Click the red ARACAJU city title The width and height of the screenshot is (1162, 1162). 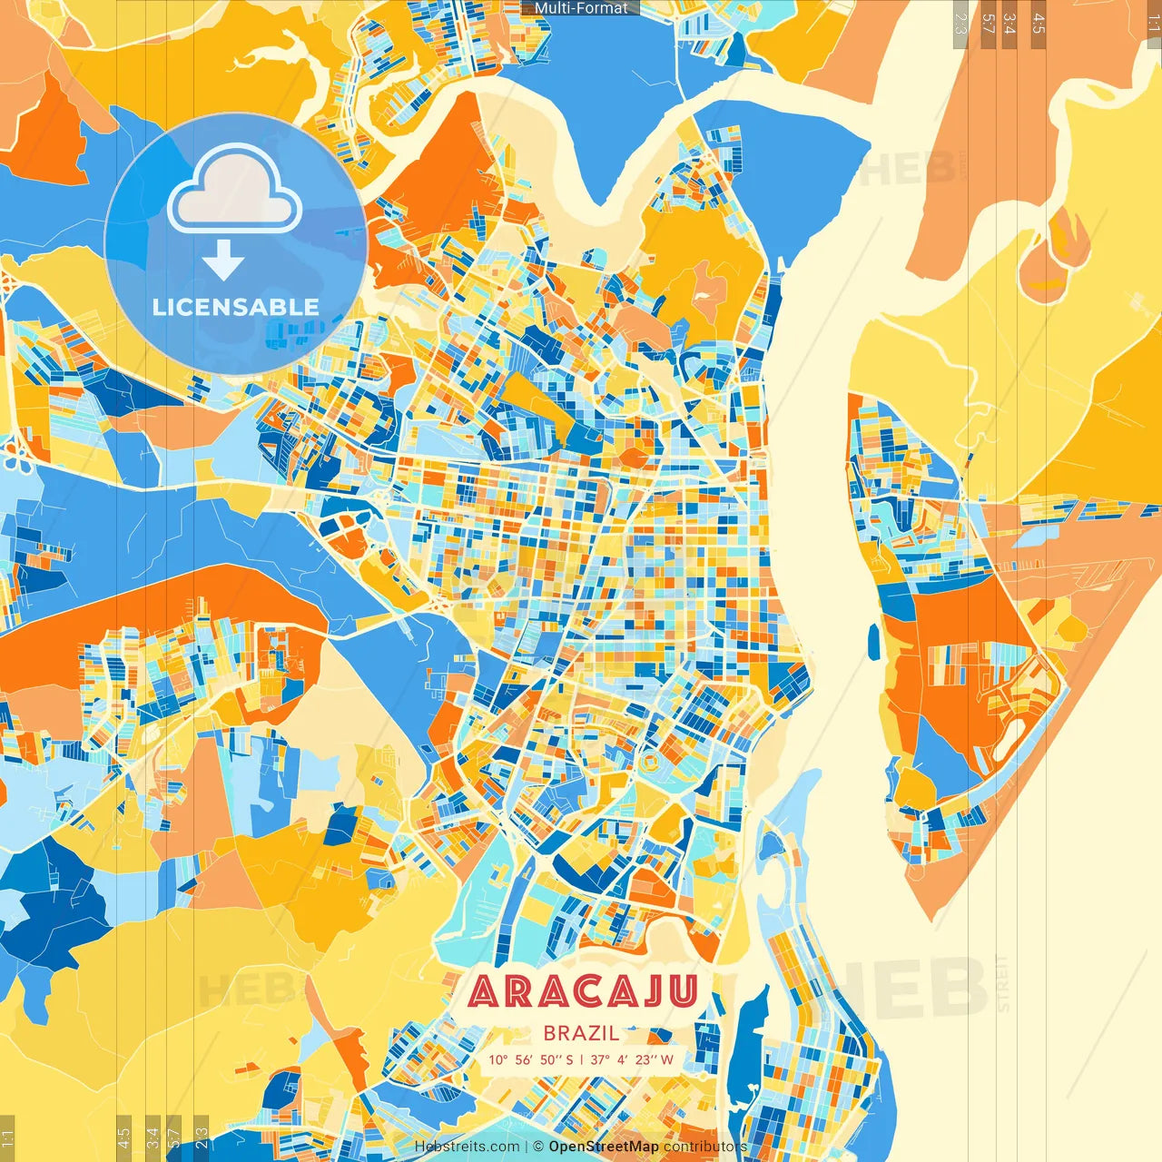(x=583, y=992)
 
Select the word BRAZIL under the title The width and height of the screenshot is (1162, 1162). (x=582, y=1033)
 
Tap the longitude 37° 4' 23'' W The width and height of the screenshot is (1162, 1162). (x=632, y=1059)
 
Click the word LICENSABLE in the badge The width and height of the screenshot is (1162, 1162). (x=236, y=307)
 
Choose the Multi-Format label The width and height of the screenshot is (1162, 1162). (x=581, y=8)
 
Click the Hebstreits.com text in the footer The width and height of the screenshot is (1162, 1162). (x=468, y=1147)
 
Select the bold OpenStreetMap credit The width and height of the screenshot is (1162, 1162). (x=604, y=1147)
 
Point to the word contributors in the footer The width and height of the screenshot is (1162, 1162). (x=705, y=1147)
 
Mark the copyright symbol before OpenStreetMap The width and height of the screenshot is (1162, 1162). (x=538, y=1147)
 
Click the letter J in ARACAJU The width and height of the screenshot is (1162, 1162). (x=646, y=992)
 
